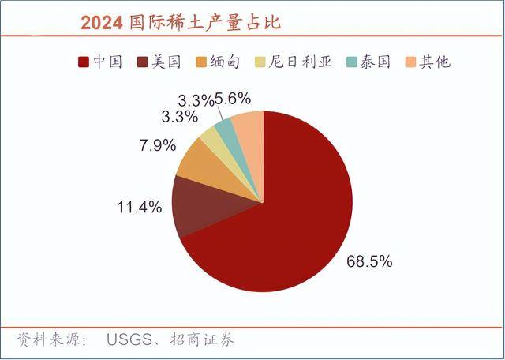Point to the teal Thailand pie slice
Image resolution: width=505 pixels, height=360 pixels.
(227, 130)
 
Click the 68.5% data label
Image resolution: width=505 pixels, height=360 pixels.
(369, 260)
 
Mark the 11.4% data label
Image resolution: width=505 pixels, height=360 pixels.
(140, 208)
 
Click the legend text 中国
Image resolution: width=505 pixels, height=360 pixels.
(107, 62)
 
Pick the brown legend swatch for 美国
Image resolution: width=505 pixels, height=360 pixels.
(144, 62)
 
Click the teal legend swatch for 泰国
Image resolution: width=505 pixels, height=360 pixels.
(350, 62)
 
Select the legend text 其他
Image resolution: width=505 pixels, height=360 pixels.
(434, 62)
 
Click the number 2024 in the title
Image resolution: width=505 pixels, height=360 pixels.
(100, 23)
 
